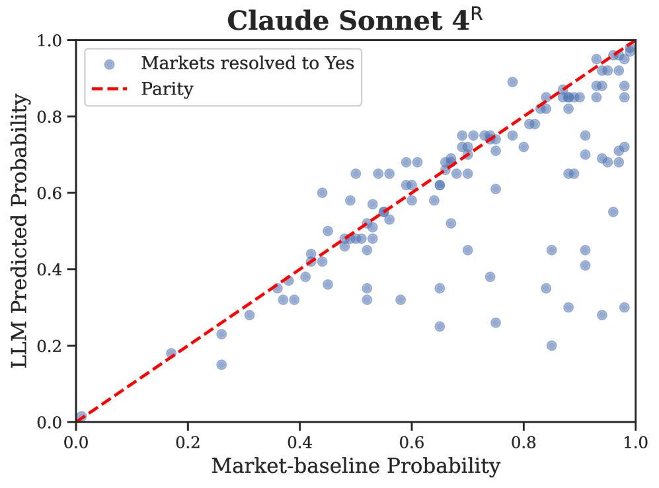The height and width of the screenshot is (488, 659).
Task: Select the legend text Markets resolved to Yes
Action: click(x=248, y=63)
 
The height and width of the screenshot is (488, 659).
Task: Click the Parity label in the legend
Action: click(x=167, y=89)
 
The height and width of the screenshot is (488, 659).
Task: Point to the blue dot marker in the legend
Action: click(x=110, y=64)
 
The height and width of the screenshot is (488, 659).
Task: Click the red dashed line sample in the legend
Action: click(x=110, y=89)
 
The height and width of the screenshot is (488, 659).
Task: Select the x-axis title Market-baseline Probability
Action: click(x=356, y=466)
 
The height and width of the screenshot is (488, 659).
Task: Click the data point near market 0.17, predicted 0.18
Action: click(x=171, y=353)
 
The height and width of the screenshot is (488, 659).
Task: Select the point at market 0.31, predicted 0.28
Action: click(x=249, y=315)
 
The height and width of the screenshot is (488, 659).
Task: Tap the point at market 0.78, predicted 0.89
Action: click(x=512, y=82)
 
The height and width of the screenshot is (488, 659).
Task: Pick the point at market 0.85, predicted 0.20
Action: click(x=551, y=345)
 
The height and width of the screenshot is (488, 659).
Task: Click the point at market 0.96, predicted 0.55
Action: click(x=613, y=212)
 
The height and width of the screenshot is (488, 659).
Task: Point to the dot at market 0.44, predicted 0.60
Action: click(x=322, y=193)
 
